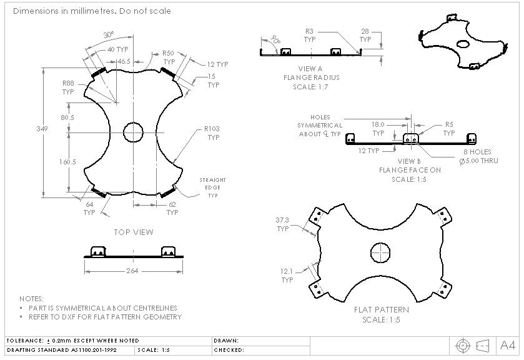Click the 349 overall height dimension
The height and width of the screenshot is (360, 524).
(42, 129)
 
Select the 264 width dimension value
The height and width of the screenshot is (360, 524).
(132, 271)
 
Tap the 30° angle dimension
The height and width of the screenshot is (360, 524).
(108, 34)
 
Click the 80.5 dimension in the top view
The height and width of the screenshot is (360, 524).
(67, 117)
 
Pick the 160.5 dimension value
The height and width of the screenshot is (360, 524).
(68, 162)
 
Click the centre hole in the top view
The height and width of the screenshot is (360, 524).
(133, 132)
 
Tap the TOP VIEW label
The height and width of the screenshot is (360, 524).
(133, 232)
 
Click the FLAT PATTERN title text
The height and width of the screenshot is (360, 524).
(381, 310)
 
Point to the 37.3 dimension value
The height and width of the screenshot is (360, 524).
(283, 220)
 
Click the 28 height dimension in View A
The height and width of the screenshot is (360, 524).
(365, 31)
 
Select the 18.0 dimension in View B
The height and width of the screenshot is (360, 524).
(378, 124)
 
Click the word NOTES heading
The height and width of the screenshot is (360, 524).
(31, 299)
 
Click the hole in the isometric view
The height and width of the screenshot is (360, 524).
(463, 44)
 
